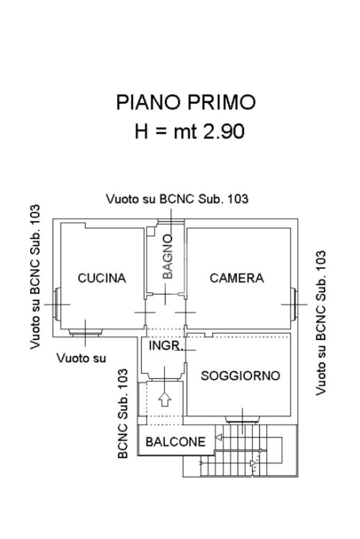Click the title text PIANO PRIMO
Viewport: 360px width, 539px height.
point(186,102)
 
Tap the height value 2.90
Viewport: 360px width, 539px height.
point(224,131)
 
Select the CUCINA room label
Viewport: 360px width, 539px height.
point(102,278)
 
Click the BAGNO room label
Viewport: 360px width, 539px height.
point(167,257)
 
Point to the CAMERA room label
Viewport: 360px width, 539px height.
point(237,278)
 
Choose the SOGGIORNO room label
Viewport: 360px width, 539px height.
point(240,376)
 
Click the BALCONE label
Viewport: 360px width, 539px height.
point(175,442)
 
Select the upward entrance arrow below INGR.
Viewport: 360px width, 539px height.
point(165,399)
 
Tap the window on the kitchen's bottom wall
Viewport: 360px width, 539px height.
point(85,332)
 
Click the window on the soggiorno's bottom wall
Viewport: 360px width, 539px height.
point(242,419)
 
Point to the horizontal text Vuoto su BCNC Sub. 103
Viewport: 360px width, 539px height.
point(177,199)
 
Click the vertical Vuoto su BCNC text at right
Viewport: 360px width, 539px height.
point(320,322)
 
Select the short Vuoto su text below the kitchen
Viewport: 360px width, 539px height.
point(81,358)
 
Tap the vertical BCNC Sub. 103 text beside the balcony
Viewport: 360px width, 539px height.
point(123,413)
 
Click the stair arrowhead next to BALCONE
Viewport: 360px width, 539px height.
point(218,437)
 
